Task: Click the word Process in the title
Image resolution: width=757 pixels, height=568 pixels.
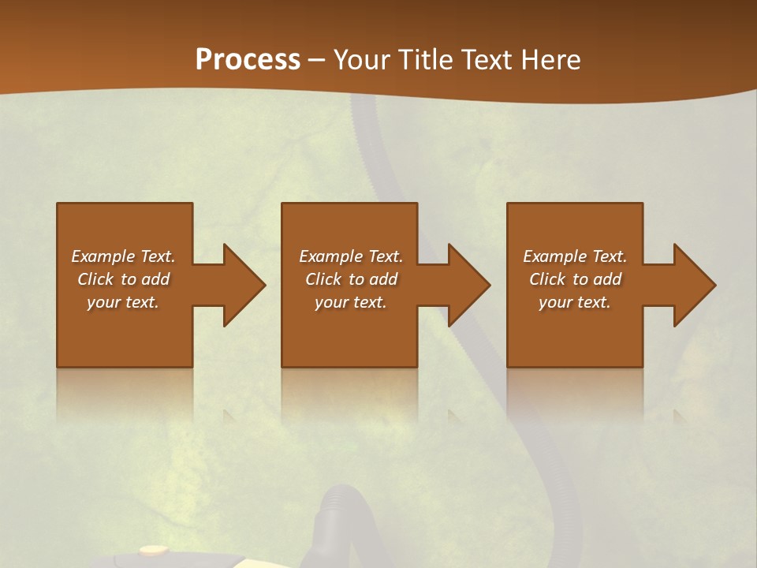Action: point(248,60)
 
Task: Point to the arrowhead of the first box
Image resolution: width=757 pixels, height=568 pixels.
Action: point(241,285)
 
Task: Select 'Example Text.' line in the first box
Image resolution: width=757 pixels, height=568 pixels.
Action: point(123,256)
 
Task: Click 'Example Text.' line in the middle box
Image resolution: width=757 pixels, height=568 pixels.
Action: point(350,256)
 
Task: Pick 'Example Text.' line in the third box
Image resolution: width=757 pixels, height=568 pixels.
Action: point(575,256)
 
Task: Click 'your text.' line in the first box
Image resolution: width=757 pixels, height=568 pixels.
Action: point(123,302)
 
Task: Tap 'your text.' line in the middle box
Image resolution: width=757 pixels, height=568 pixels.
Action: point(350,302)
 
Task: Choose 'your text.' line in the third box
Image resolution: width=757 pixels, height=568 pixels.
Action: point(575,302)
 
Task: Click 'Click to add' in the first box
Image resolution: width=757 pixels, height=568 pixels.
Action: point(123,279)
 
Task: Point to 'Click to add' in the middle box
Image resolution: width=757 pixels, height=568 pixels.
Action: point(350,279)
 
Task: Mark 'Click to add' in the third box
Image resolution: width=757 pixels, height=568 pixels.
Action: point(575,279)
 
